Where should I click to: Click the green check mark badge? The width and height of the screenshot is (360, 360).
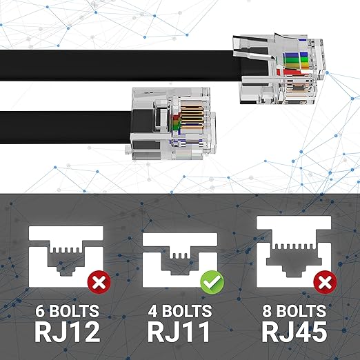click(212, 283)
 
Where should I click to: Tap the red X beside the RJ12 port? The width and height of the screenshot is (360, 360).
click(99, 282)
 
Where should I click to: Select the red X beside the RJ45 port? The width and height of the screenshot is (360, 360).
click(326, 282)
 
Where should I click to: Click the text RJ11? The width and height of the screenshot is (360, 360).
click(179, 332)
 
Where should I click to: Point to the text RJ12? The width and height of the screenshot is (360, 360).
click(68, 332)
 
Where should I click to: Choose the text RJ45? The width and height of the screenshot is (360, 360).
click(294, 332)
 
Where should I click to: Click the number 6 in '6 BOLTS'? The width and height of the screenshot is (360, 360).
click(39, 311)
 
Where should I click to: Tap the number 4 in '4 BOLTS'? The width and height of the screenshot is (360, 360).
click(152, 311)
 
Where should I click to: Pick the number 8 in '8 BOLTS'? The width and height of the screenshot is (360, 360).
click(267, 311)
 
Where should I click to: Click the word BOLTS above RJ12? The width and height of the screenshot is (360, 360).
click(74, 311)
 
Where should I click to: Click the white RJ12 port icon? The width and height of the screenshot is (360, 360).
click(66, 257)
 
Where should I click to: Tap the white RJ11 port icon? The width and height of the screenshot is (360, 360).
click(180, 260)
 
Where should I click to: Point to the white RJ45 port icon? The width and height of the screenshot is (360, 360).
click(294, 252)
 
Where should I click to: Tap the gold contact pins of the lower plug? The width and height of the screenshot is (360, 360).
click(192, 117)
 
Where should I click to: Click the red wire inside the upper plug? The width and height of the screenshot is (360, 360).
click(292, 72)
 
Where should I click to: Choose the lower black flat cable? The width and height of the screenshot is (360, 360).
click(66, 128)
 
